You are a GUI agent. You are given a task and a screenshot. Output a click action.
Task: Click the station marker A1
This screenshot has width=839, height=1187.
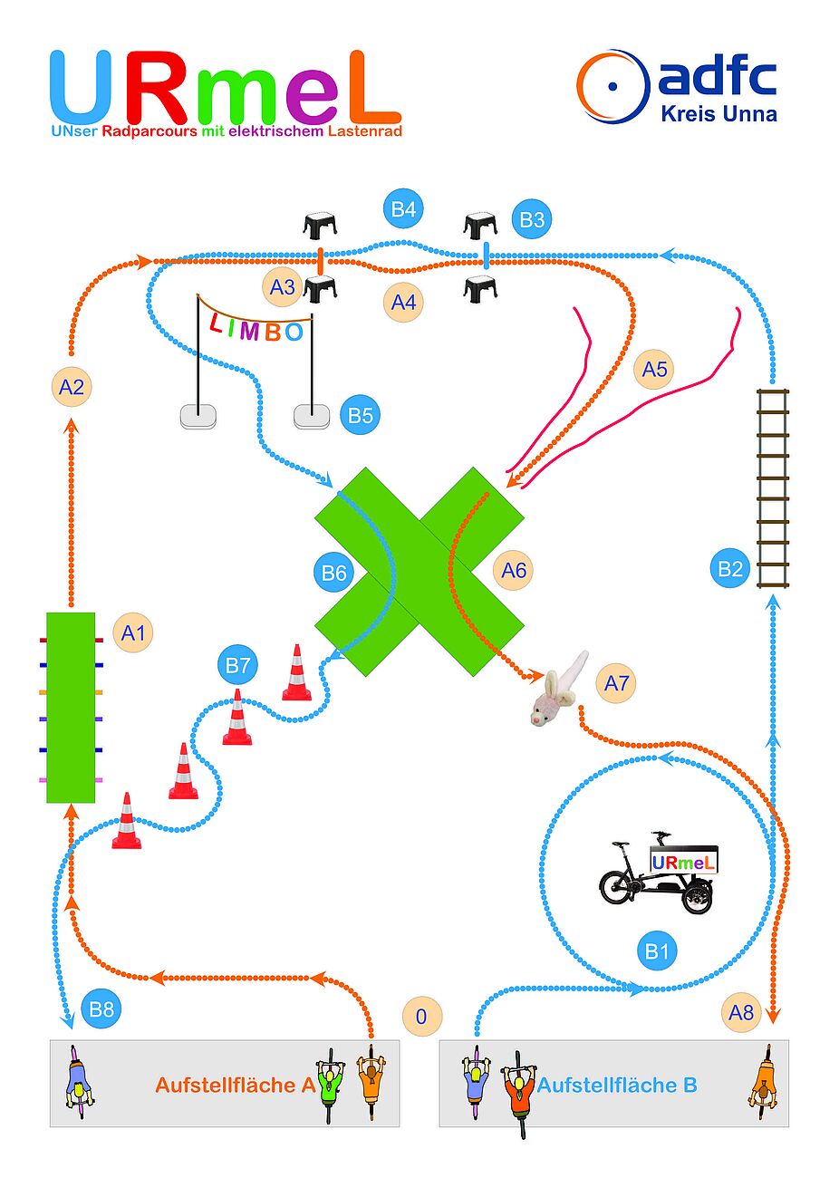[x=132, y=632]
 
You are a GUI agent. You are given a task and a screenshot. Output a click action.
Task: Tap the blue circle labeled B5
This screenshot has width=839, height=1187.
[x=361, y=415]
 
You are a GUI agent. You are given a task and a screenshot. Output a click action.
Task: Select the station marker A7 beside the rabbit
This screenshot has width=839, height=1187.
[x=616, y=682]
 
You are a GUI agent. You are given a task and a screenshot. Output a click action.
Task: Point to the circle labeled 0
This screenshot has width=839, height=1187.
[x=420, y=1016]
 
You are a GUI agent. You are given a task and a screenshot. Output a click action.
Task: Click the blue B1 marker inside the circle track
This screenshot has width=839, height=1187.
[x=656, y=951]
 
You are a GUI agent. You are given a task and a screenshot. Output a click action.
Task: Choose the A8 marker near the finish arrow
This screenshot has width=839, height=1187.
[x=741, y=1011]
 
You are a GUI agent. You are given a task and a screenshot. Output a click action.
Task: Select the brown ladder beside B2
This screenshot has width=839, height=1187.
[x=773, y=487]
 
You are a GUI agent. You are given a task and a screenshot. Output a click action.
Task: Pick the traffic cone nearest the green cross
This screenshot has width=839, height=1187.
[x=296, y=673]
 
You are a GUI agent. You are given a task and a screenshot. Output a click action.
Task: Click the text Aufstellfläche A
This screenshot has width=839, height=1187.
[x=235, y=1085]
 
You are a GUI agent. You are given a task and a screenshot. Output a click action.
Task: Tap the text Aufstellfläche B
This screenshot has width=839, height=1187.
[x=617, y=1085]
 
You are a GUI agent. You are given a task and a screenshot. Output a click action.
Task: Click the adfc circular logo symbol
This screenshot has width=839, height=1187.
[x=613, y=87]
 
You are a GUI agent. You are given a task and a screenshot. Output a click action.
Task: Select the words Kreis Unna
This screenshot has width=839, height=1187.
[x=718, y=114]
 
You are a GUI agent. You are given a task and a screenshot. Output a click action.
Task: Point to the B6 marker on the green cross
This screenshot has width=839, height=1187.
[x=333, y=572]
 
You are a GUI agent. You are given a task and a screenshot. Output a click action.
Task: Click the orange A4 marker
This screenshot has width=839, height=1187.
[x=403, y=302]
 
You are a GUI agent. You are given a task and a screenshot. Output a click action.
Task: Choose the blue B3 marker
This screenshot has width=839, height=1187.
[x=532, y=219]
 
